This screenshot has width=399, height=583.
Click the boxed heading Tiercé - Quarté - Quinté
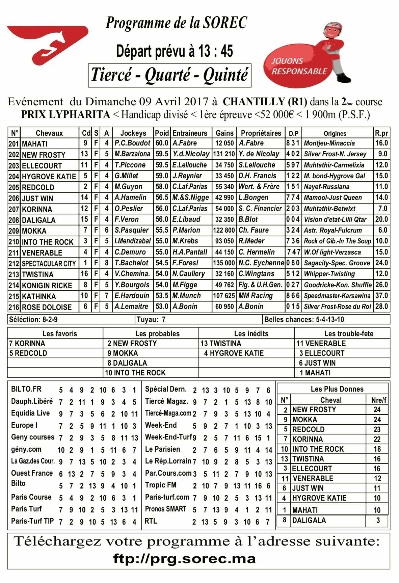tap(169, 75)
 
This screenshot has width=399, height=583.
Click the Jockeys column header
tap(133, 133)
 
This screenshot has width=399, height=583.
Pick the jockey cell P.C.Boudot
tap(132, 143)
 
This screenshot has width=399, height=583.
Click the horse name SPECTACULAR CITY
tap(49, 264)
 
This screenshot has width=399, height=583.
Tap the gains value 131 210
tap(224, 154)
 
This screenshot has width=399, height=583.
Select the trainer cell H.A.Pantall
tap(190, 252)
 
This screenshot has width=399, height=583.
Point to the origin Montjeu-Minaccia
tap(329, 143)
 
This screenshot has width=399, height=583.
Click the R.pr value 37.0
tap(381, 296)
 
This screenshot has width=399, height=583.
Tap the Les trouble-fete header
tap(349, 334)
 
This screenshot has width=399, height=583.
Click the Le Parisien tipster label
tap(162, 449)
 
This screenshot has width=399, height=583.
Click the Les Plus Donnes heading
tap(337, 389)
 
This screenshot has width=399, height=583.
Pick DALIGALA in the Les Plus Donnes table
tap(309, 521)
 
